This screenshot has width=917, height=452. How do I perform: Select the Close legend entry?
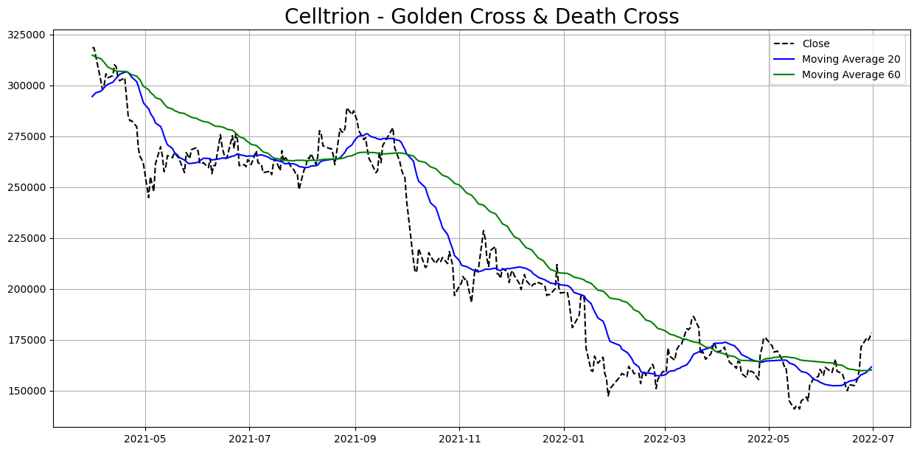coord(816,44)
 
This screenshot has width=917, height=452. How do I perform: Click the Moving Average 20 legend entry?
coord(851,60)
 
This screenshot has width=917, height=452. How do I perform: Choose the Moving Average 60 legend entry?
coord(851,75)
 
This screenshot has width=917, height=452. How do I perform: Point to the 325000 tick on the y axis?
coord(26,35)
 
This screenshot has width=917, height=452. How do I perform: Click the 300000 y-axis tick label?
coord(26,86)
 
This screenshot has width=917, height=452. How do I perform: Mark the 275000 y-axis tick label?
coord(26,136)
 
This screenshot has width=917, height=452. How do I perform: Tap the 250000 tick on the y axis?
coord(26,187)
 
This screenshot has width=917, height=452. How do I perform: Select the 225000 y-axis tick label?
coord(26,238)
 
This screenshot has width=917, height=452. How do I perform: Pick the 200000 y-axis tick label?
coord(26,289)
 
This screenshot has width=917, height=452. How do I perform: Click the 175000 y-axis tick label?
coord(26,340)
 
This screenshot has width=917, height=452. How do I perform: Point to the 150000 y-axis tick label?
coord(26,391)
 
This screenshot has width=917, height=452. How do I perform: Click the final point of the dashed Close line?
coord(871,333)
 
